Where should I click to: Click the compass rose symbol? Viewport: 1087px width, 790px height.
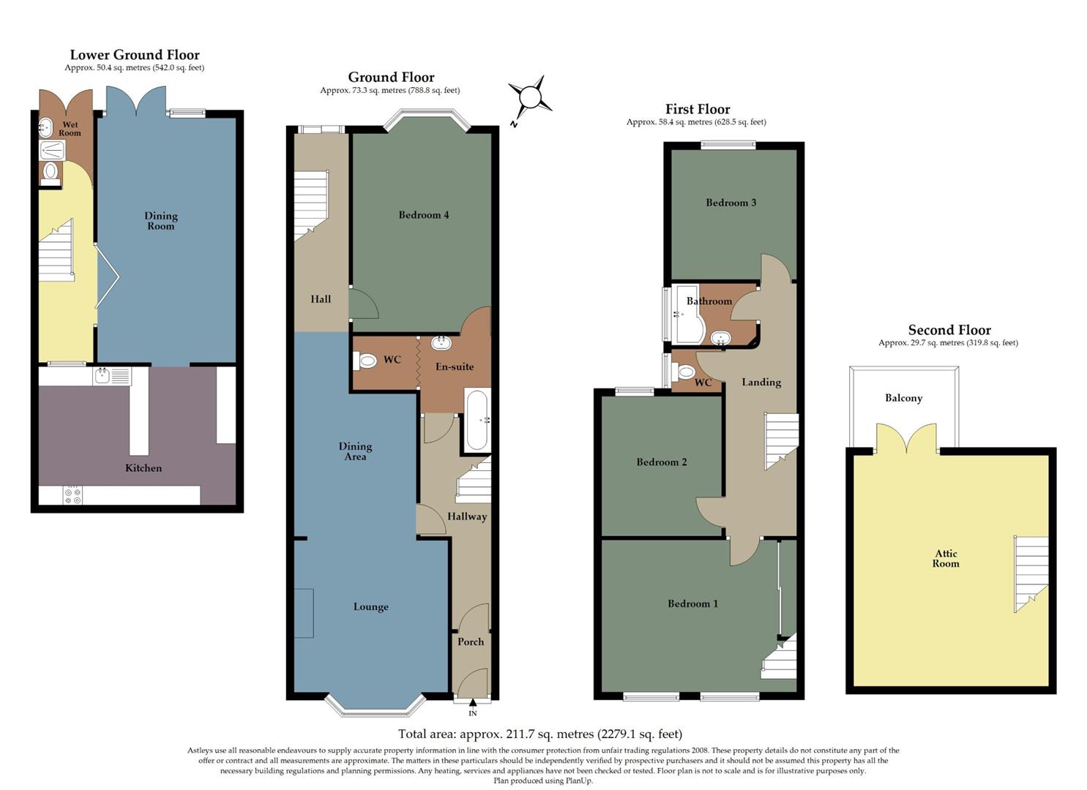click(531, 97)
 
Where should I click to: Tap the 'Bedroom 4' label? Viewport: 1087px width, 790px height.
click(423, 215)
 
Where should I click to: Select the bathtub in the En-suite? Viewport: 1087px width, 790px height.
click(476, 421)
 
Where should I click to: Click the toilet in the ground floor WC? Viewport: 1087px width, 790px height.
click(366, 361)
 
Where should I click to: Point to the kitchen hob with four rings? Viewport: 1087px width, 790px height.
click(72, 496)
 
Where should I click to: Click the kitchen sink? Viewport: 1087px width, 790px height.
click(102, 376)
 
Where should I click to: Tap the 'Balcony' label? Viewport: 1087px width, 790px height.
click(903, 398)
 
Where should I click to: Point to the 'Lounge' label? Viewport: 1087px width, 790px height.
click(370, 606)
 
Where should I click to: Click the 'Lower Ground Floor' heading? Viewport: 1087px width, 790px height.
click(134, 55)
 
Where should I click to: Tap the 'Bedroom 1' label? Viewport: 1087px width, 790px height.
click(692, 603)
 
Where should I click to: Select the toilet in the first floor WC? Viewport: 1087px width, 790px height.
click(686, 372)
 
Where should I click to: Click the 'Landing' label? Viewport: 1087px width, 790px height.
click(761, 382)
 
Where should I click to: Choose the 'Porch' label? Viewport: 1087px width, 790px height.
click(471, 642)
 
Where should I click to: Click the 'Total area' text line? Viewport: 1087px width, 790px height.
click(539, 734)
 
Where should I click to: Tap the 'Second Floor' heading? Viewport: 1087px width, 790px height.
click(949, 330)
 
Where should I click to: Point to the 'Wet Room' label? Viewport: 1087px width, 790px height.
click(70, 129)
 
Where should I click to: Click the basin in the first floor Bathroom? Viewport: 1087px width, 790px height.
click(721, 338)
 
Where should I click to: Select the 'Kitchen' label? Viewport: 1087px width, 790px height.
click(143, 467)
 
